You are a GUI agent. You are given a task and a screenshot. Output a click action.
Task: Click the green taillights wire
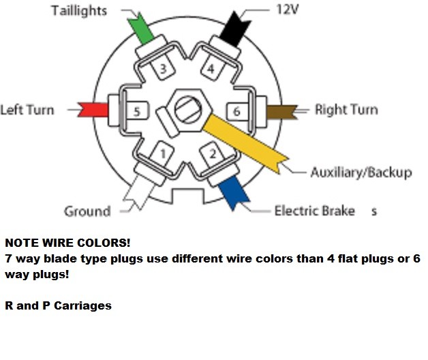[x=141, y=29]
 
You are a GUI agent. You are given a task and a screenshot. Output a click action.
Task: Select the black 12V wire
[x=234, y=29]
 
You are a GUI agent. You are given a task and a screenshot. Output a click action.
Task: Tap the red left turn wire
[x=93, y=110]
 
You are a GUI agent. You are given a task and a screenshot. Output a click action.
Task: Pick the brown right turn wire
[x=281, y=112]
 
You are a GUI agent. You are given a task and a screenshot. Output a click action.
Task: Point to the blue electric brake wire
[x=234, y=193]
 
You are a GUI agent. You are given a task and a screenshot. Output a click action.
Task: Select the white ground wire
[x=138, y=193]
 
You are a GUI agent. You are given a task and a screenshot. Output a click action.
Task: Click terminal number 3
[x=163, y=69]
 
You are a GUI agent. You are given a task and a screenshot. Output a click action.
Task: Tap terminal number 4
[x=211, y=69]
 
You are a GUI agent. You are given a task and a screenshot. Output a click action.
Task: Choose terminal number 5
[x=137, y=111]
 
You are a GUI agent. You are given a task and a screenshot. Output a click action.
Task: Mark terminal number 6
[x=237, y=111]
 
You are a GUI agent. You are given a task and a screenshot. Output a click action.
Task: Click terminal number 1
[x=163, y=153]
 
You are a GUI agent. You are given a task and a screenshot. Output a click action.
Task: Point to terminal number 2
[x=213, y=154]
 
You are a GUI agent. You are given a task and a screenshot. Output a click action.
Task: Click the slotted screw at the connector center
[x=188, y=110]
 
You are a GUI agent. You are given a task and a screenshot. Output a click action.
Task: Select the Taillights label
[x=79, y=11]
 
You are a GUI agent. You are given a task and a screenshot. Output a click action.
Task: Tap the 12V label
[x=288, y=10]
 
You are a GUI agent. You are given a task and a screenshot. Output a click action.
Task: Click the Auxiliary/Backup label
[x=361, y=172]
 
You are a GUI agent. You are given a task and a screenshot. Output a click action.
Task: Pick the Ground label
[x=87, y=211]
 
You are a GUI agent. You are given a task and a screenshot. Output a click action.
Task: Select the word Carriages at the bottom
[x=82, y=306]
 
